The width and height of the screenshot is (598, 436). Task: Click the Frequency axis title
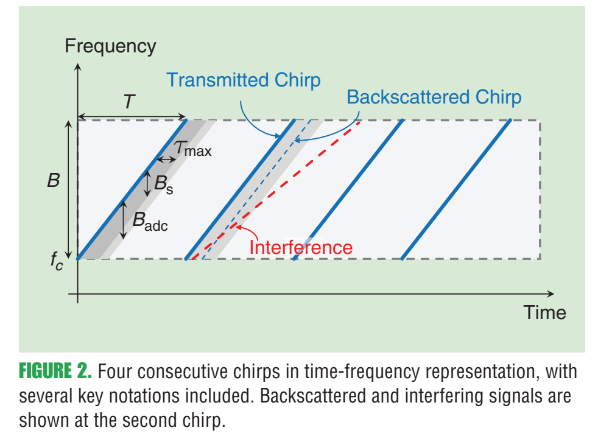coord(110,46)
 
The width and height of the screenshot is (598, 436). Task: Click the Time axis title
coord(545,312)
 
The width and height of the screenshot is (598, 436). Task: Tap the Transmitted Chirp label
coord(244,80)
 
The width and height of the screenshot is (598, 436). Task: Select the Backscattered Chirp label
coord(434,97)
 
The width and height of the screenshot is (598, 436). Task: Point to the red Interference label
coord(301,248)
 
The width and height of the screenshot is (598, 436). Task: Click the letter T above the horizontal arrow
coord(129,102)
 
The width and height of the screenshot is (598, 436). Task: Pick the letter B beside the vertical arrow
coord(54,181)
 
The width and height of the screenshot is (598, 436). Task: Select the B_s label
coord(163,185)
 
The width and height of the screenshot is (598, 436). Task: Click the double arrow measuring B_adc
coord(124,220)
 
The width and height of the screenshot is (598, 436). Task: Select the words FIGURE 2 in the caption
coord(55,371)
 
